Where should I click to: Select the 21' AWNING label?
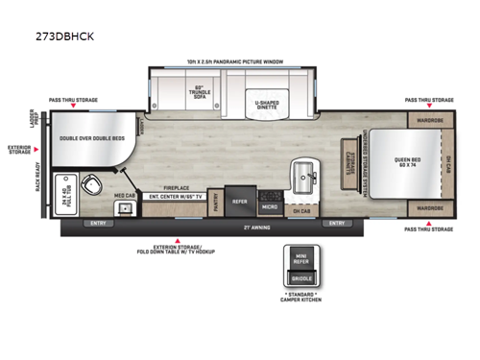pos(252,227)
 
